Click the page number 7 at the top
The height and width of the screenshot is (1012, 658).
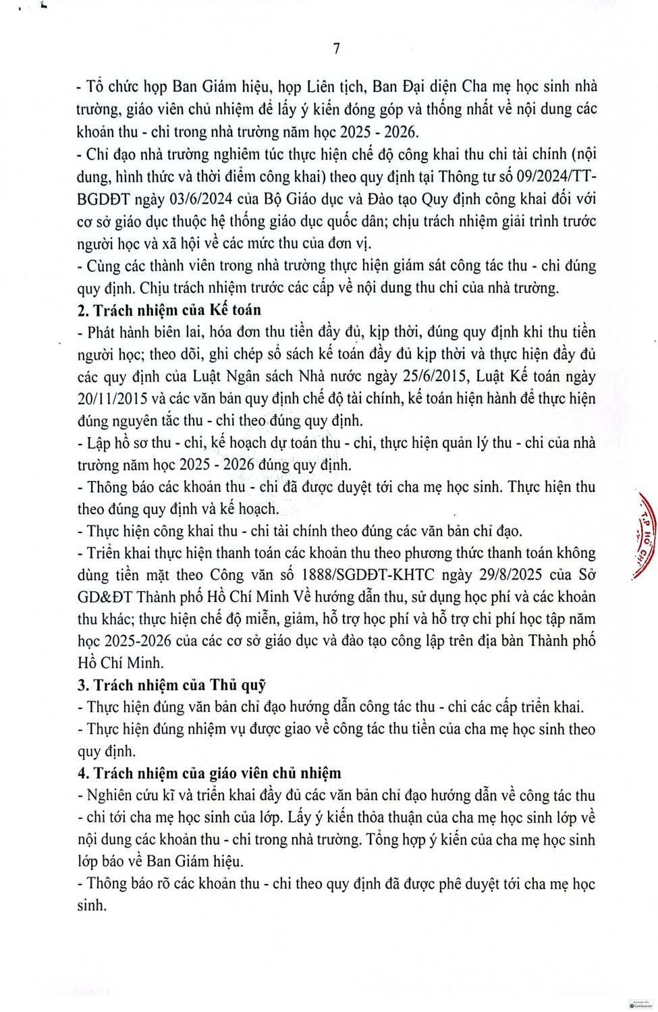336,49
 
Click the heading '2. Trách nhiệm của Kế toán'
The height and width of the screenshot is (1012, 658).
169,310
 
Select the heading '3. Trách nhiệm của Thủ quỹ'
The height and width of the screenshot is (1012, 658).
171,685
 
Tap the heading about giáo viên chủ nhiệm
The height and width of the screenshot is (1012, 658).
209,773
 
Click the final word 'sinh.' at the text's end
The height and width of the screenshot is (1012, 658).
92,905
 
